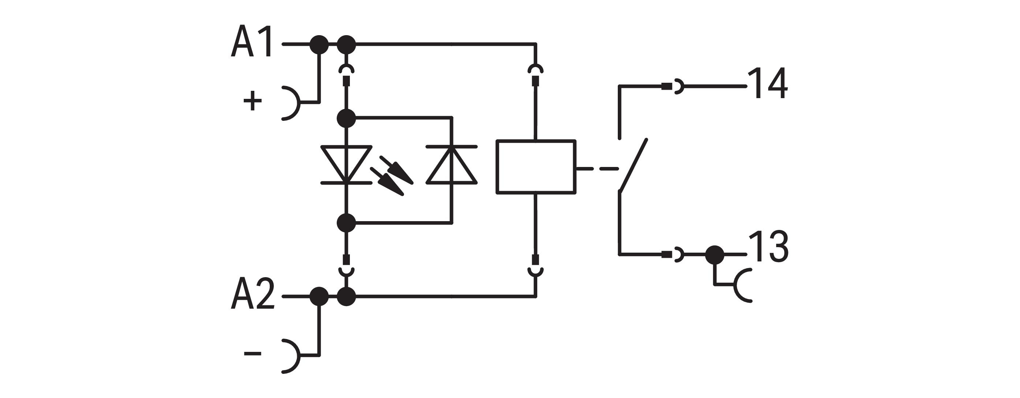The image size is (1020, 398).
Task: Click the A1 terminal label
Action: pos(252,42)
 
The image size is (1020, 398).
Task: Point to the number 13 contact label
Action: pos(768,247)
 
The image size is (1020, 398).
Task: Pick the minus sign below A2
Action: pos(253,353)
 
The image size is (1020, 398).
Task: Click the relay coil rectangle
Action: pos(535,167)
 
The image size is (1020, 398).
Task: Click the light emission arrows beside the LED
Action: pos(391,175)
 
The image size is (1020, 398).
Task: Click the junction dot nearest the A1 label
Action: pos(319,45)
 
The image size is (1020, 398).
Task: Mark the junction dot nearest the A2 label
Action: pos(319,296)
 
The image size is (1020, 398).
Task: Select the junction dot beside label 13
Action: pos(714,254)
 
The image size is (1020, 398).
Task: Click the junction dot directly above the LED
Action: pos(347,118)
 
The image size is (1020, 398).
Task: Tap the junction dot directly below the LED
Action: pos(347,223)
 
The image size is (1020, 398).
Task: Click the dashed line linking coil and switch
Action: pos(598,169)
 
